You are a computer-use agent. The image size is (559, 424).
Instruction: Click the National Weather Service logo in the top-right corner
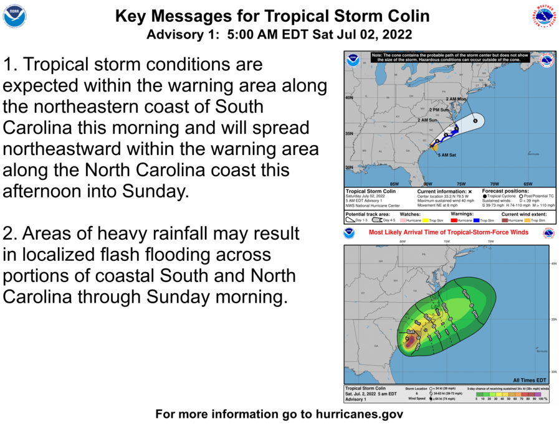(x=543, y=16)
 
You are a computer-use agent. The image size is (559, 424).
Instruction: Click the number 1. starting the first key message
(x=11, y=65)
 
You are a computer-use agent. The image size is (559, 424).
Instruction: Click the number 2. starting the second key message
(x=11, y=234)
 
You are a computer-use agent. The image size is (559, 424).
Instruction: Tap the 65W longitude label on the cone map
(x=527, y=184)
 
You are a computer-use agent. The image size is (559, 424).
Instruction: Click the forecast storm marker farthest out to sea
(x=475, y=121)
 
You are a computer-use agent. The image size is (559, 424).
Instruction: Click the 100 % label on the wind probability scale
(x=543, y=398)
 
